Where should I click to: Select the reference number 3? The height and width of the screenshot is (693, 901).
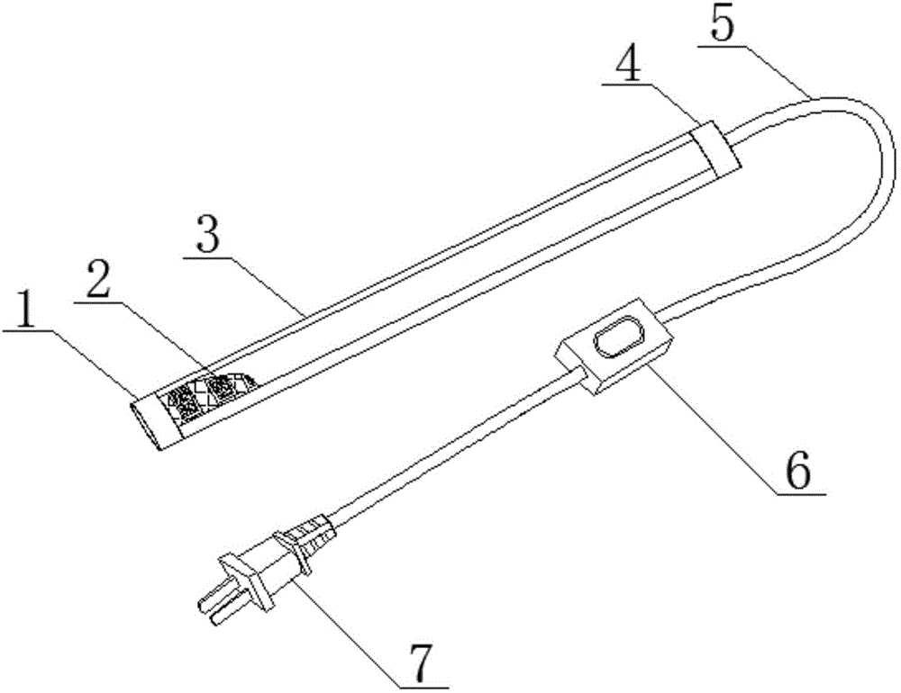(207, 234)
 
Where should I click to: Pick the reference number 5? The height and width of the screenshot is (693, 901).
(723, 22)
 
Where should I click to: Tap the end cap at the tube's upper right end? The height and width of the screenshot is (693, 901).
(714, 148)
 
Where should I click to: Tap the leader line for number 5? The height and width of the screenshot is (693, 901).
(753, 67)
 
